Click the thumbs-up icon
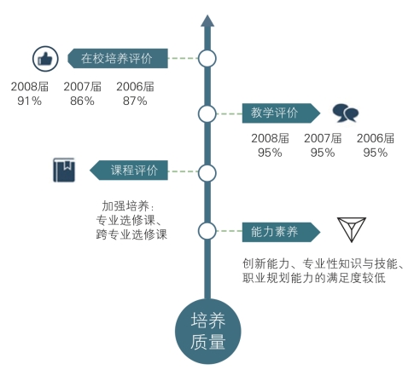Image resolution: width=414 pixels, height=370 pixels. point(45,59)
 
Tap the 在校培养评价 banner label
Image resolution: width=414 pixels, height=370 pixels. point(118,59)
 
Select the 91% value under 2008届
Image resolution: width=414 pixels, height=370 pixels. point(29,101)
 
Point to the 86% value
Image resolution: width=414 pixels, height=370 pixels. point(82,101)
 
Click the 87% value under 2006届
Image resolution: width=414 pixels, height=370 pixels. point(135,101)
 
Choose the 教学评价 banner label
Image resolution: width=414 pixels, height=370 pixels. point(281,113)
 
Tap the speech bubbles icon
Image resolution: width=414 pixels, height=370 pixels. point(346,113)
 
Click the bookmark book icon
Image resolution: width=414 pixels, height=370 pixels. point(64,170)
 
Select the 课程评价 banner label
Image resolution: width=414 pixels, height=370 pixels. point(129,171)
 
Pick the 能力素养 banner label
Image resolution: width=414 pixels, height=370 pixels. point(281,232)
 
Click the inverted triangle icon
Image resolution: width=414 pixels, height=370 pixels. point(352,229)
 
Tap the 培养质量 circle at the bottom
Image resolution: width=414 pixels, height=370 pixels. point(208,332)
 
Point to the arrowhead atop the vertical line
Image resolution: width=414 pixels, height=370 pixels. point(207,20)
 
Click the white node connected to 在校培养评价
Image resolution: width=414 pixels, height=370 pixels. point(207,59)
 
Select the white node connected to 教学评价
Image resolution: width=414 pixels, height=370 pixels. point(207,113)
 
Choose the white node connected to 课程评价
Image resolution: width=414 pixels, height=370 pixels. point(207,173)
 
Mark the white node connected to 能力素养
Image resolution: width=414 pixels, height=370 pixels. point(207,231)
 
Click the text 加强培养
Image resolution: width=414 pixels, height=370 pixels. point(125,206)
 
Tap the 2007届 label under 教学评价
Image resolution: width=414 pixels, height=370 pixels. point(323,138)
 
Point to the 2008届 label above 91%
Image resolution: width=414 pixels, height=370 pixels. point(30,87)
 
